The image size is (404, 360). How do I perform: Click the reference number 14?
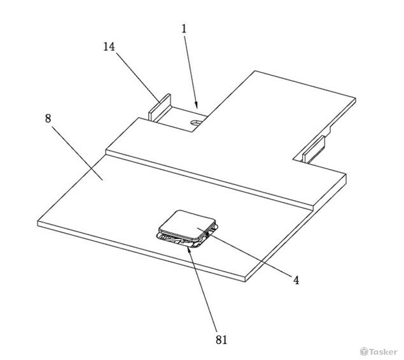pos(109,47)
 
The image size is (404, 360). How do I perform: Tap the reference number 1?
pos(184,29)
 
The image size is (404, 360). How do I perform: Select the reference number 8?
pos(48,119)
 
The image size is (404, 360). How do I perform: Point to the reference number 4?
pos(297,280)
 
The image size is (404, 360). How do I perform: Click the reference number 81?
pos(221,340)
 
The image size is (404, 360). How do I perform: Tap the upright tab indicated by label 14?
pos(160,108)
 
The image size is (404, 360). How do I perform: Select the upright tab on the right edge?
pos(314,149)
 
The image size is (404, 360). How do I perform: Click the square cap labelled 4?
pos(187,224)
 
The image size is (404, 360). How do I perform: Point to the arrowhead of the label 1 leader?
pos(197,105)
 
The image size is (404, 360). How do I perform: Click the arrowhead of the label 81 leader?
pos(189,249)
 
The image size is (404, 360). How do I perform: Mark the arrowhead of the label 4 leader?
pos(207,233)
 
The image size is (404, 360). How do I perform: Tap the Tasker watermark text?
pos(383,352)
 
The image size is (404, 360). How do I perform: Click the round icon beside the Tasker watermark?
pos(364,351)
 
